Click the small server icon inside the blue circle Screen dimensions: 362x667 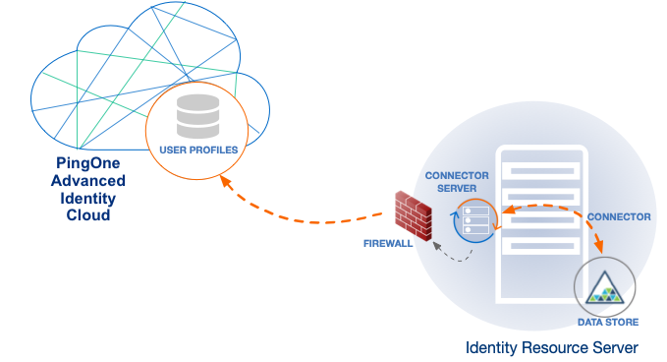pos(475,220)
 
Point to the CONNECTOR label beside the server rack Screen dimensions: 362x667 pos(618,216)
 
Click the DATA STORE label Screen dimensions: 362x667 pos(608,322)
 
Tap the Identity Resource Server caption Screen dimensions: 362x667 pos(552,347)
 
